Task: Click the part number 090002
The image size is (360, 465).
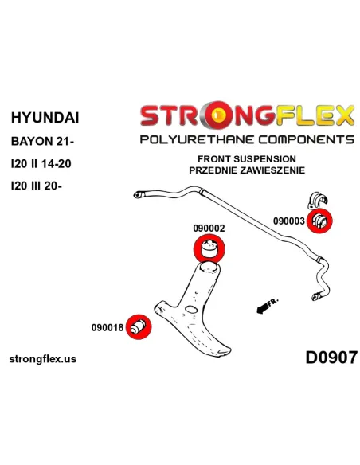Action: (x=209, y=228)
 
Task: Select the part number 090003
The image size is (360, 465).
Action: (x=289, y=221)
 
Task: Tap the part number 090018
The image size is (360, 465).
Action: (x=108, y=328)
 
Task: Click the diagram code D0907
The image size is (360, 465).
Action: (x=331, y=358)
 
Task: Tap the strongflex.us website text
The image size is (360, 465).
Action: (x=43, y=359)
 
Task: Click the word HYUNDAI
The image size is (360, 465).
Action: (x=45, y=117)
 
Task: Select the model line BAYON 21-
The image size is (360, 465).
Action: (x=42, y=141)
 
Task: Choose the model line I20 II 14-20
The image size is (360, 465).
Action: (x=41, y=164)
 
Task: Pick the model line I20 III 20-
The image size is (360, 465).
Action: (x=37, y=186)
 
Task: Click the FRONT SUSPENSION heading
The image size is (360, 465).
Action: (x=247, y=159)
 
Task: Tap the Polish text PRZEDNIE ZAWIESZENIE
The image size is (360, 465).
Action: (x=247, y=170)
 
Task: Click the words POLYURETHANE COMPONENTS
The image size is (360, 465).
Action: (x=247, y=139)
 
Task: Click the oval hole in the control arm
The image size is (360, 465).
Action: (x=190, y=309)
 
